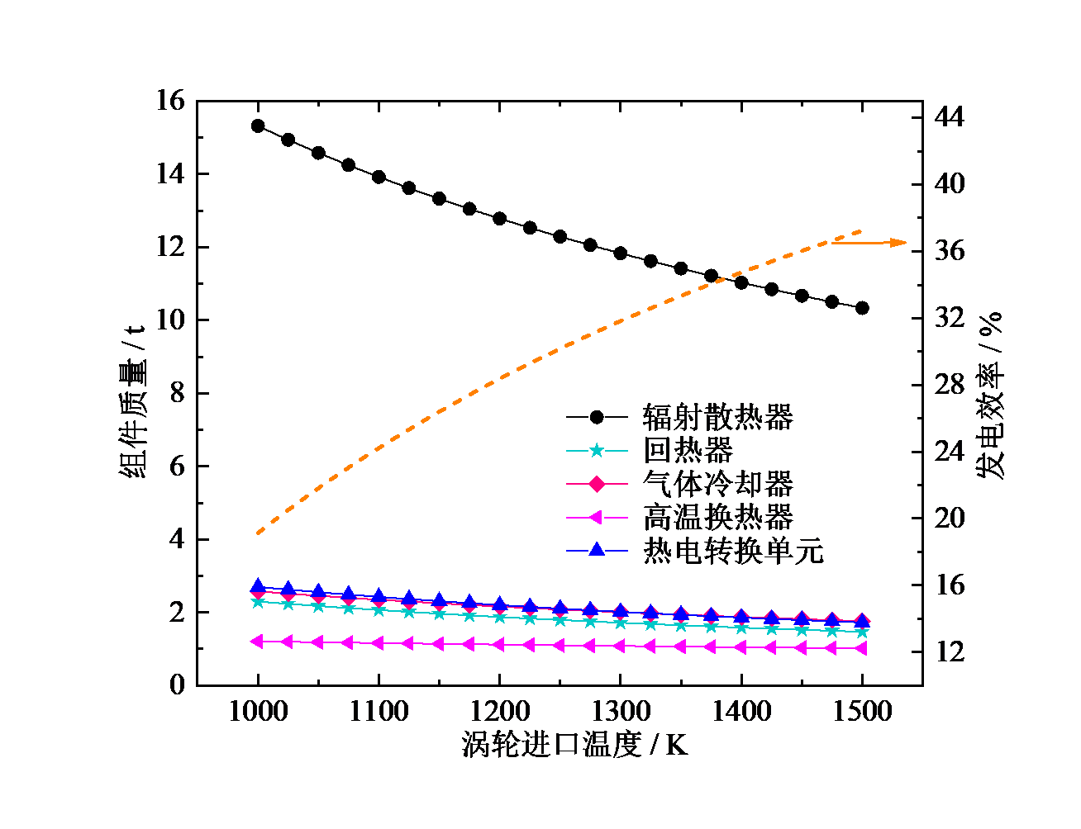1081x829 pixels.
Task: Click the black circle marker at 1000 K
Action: click(258, 126)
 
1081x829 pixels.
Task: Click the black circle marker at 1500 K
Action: click(862, 308)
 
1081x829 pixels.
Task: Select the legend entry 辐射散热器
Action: click(717, 417)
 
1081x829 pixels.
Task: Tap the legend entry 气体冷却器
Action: click(717, 484)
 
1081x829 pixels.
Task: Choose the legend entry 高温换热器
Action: click(717, 518)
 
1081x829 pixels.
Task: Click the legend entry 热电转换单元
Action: click(733, 551)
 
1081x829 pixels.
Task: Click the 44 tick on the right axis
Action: click(950, 117)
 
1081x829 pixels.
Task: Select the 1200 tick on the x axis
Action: click(499, 712)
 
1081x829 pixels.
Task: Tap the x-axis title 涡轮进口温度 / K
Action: click(574, 746)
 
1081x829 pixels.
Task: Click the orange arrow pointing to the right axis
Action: click(869, 243)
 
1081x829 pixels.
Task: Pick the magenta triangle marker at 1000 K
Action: click(257, 641)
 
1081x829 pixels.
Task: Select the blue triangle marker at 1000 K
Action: click(258, 587)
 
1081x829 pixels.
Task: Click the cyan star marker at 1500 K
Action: click(862, 632)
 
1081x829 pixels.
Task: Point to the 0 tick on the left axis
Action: click(178, 685)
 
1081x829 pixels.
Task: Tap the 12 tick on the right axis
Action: click(950, 652)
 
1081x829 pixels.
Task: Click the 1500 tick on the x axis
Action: click(862, 712)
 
